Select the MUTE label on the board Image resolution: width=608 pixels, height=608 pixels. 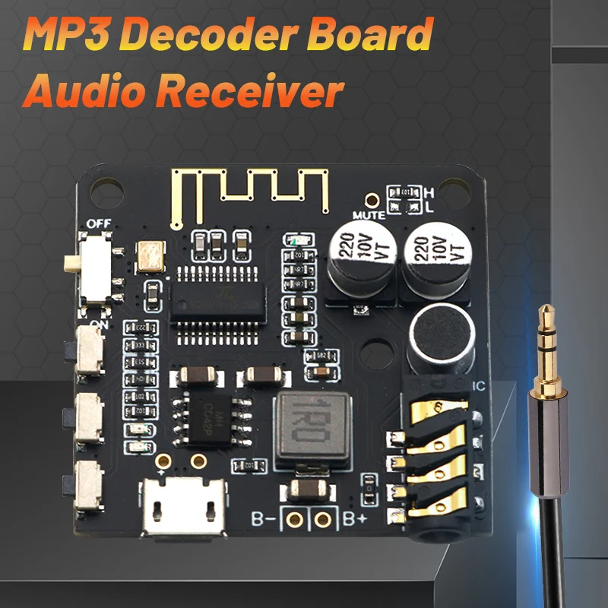click(x=371, y=215)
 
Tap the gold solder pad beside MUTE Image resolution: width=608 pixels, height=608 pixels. click(x=372, y=200)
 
